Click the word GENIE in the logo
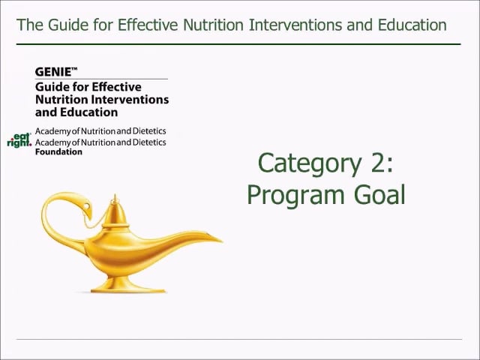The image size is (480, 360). (x=53, y=72)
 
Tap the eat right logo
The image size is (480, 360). (x=19, y=140)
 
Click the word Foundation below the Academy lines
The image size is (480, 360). (x=58, y=151)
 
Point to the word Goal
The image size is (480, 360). (x=379, y=195)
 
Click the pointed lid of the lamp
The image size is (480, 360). (x=115, y=211)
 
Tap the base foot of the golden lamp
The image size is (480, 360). (x=128, y=285)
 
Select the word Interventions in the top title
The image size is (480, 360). (x=295, y=25)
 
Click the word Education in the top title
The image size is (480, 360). (x=412, y=25)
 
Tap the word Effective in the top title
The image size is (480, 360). (x=147, y=25)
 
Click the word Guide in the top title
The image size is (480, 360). (x=68, y=25)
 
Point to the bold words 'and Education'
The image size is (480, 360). (x=76, y=112)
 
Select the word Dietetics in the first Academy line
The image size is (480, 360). (x=149, y=131)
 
